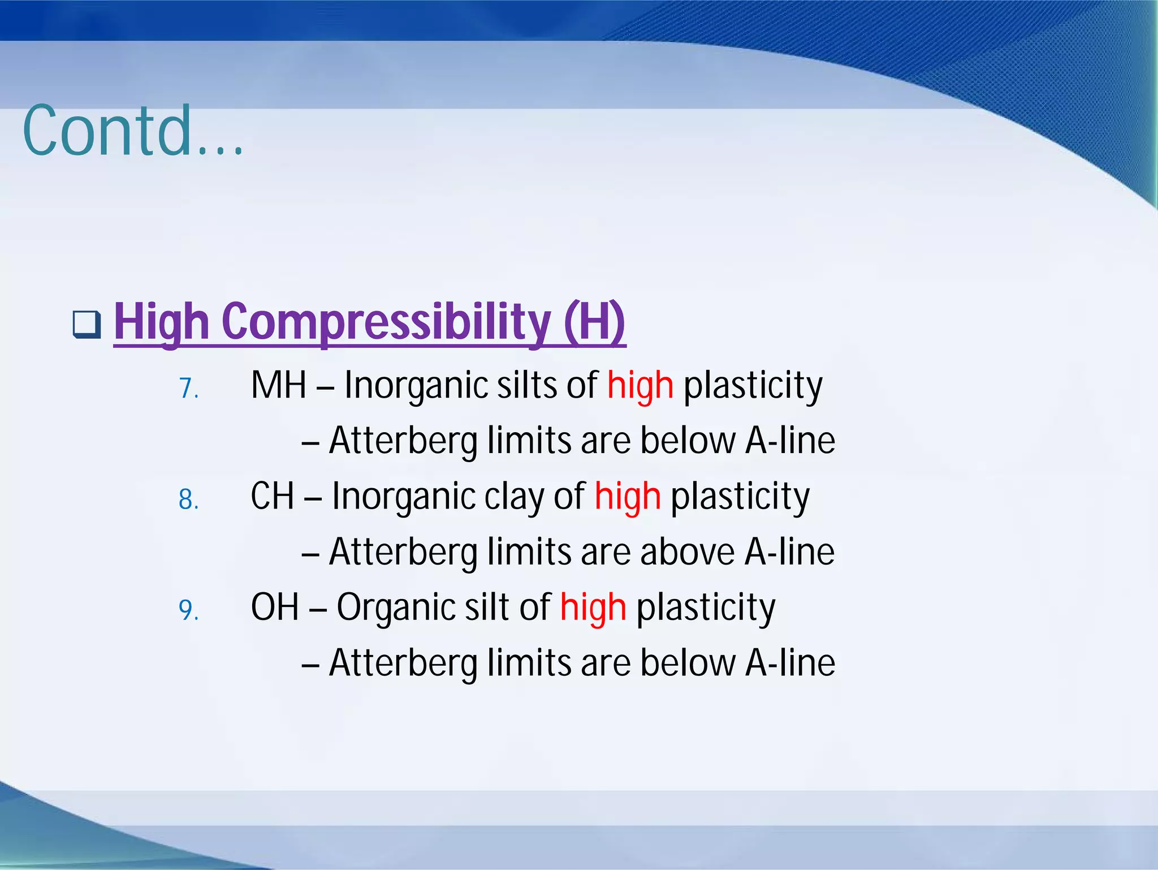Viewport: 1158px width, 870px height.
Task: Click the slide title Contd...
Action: click(133, 131)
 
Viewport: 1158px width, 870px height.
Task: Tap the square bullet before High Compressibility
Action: click(87, 325)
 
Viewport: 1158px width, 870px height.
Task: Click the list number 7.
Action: click(188, 389)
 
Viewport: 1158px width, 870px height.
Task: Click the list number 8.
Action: click(188, 500)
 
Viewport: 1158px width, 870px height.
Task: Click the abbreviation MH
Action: click(278, 386)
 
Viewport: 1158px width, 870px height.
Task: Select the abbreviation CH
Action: click(272, 497)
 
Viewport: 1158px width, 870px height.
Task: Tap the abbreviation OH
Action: click(275, 608)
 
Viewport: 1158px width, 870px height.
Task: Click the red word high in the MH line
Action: click(640, 386)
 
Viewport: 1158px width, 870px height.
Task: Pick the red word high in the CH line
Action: click(628, 497)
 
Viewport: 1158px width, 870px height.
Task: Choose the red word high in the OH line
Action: click(593, 608)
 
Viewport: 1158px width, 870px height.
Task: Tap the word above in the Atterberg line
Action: click(687, 552)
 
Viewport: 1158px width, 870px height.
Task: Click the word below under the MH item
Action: click(688, 441)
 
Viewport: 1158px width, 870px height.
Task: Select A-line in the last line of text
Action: click(790, 663)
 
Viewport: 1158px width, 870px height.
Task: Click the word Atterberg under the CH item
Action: click(403, 552)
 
